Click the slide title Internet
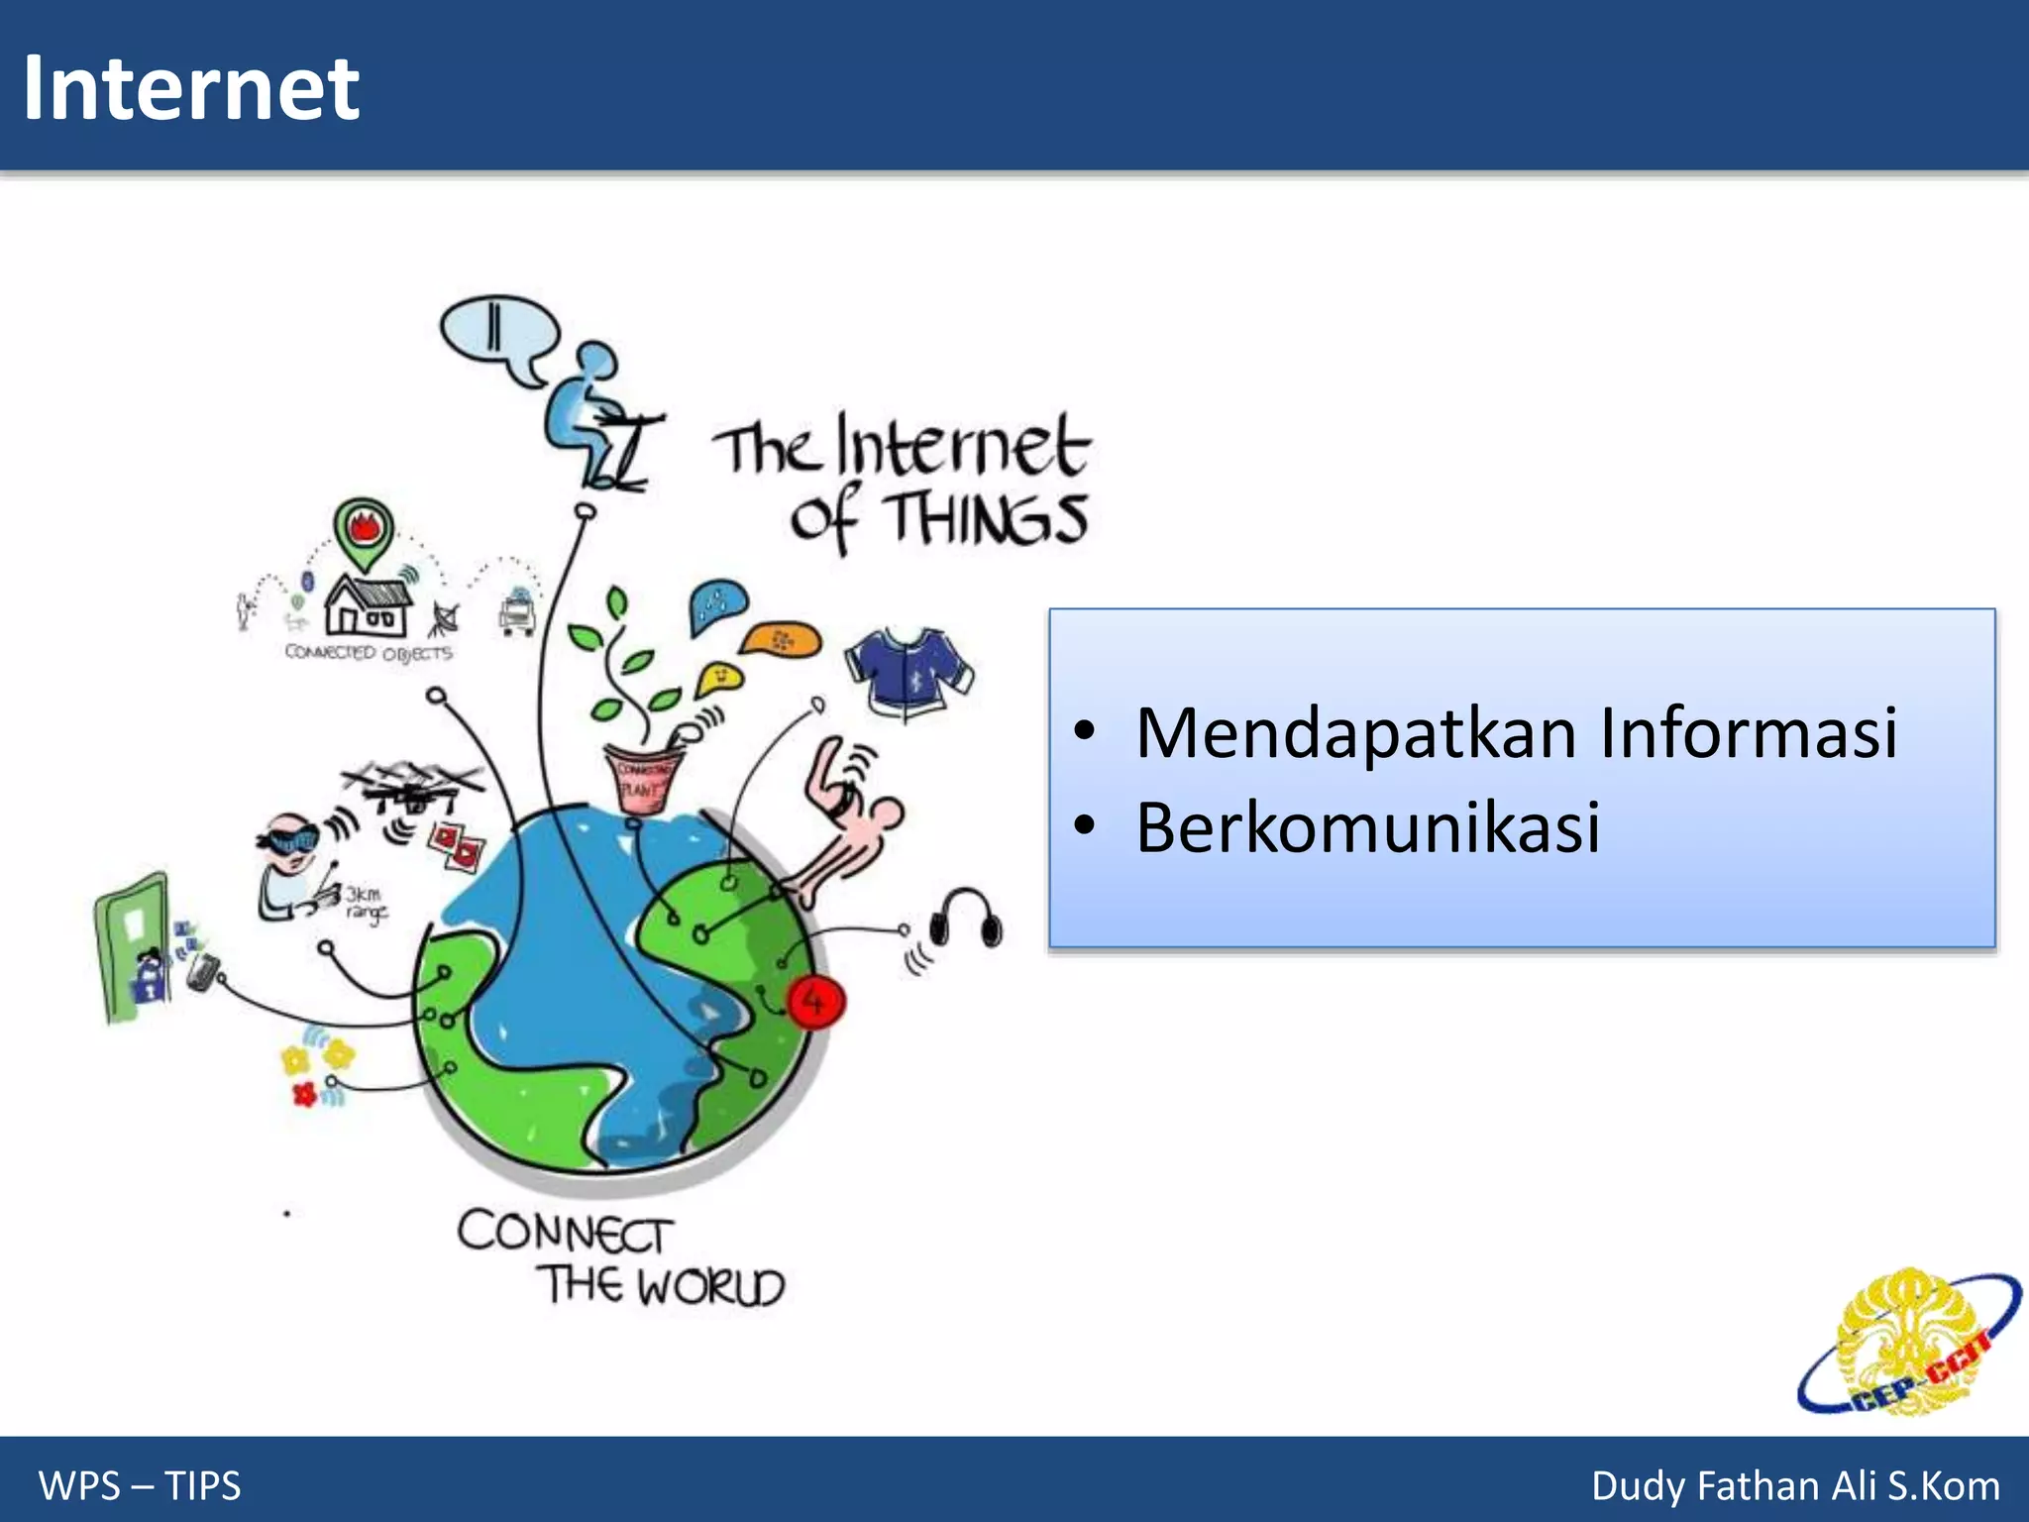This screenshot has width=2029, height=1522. tap(190, 89)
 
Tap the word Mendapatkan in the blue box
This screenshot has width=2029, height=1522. tap(1355, 734)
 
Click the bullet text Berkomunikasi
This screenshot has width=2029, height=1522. tap(1367, 828)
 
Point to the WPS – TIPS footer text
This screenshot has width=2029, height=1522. tap(140, 1485)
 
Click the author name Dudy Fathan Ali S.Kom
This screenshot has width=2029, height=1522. tap(1794, 1485)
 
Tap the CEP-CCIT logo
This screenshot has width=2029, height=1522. tap(1908, 1344)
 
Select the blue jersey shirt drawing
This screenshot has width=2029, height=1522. tap(908, 669)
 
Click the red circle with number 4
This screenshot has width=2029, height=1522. tap(814, 1002)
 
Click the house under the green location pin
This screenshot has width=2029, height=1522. tap(368, 605)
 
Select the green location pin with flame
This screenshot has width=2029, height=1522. tap(364, 531)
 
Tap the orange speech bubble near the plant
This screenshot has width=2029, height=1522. tap(781, 641)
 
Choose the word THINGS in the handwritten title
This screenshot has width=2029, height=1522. tap(986, 519)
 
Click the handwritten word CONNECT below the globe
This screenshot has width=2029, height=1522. tap(565, 1233)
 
